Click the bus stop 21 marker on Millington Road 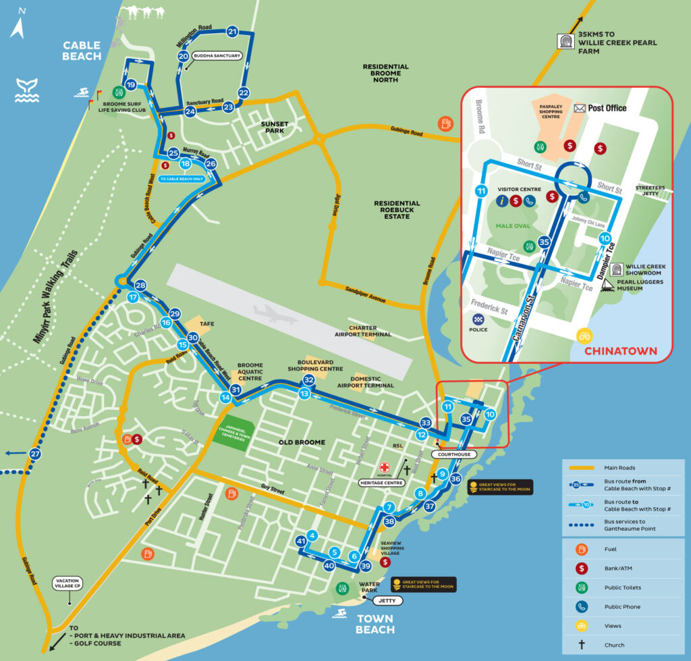tap(233, 31)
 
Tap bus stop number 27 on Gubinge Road tap(34, 454)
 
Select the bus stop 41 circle tap(302, 541)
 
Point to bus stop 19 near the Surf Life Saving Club tap(131, 84)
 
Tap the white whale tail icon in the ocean tap(27, 90)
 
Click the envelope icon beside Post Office tap(580, 108)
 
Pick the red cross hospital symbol tap(385, 468)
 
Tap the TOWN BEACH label tap(375, 625)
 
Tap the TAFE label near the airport tap(207, 323)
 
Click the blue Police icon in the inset tap(478, 318)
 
